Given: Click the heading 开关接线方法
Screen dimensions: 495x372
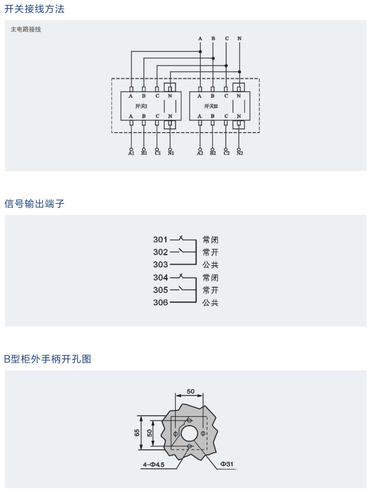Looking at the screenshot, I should click(35, 9).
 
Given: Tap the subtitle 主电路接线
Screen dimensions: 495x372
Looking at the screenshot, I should click(26, 30).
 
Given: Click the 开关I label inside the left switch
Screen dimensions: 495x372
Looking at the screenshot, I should click(141, 106).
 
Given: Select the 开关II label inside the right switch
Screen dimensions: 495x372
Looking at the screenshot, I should click(210, 106).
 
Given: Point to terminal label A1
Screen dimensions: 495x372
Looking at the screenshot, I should click(131, 153).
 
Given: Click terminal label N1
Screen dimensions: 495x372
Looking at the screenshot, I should click(170, 153).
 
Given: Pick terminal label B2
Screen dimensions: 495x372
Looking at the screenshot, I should click(212, 153).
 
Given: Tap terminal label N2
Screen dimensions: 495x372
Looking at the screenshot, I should click(239, 153).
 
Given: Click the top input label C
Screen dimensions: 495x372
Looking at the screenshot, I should click(226, 39).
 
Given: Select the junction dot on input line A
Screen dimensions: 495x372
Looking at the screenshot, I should click(200, 52).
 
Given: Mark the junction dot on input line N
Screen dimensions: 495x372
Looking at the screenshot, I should click(239, 72).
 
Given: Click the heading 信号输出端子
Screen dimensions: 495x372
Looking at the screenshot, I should click(35, 204).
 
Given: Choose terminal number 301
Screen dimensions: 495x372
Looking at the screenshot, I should click(160, 240).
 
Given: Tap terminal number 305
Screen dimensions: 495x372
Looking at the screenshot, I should click(160, 290).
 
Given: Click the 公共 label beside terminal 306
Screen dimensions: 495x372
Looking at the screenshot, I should click(210, 303).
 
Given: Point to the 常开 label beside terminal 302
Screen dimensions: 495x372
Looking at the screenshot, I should click(210, 252).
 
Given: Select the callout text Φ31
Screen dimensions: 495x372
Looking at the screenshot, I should click(226, 465).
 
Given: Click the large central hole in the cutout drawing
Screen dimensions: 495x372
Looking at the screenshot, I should click(189, 433).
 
